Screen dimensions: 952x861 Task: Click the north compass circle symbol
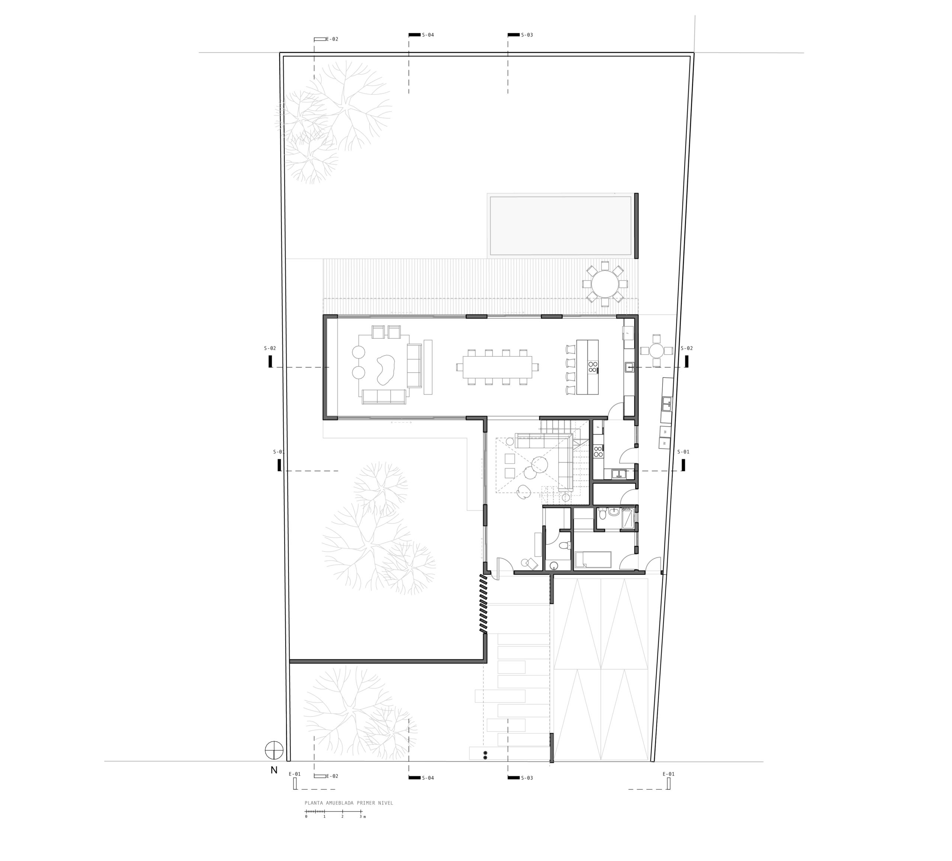[274, 750]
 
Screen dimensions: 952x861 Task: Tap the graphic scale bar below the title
[334, 812]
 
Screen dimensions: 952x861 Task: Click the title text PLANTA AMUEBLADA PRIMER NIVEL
[349, 803]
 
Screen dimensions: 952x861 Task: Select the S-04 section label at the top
[428, 35]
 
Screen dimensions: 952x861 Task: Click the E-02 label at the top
[332, 39]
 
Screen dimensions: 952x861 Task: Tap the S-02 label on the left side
[270, 348]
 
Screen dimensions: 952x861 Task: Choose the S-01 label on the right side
[683, 452]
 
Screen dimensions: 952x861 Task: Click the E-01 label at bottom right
[669, 774]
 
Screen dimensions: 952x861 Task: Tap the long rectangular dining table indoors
[497, 367]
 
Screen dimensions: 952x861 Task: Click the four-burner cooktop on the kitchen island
[593, 367]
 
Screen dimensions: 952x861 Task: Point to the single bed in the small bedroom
[593, 560]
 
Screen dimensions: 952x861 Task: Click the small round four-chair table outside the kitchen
[656, 351]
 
